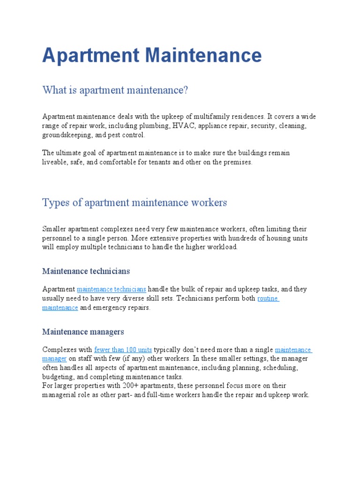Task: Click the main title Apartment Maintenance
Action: [x=152, y=55]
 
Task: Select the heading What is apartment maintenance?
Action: [x=115, y=90]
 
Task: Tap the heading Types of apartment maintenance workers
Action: [x=135, y=202]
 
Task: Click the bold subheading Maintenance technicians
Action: [x=86, y=271]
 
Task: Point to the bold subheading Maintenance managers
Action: [x=83, y=331]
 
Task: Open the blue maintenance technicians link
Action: [x=112, y=289]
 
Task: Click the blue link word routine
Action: [x=268, y=298]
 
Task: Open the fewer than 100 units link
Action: [x=123, y=350]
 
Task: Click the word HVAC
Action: [x=183, y=126]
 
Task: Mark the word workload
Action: [x=222, y=247]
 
